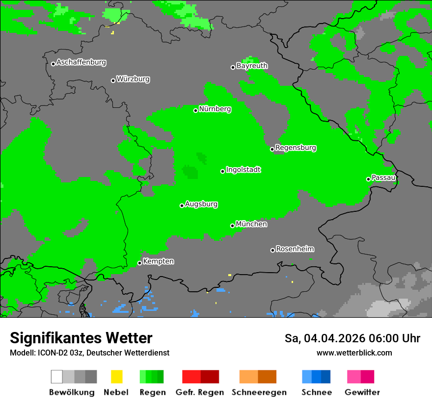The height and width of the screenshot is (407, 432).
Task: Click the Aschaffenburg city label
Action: point(81,63)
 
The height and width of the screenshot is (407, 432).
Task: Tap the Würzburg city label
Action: point(133,79)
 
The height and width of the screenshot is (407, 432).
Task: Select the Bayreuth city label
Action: point(252,66)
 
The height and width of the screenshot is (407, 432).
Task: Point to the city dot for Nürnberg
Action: point(195,110)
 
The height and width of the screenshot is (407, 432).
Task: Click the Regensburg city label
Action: point(296,148)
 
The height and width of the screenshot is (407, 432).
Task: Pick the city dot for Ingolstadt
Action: point(222,171)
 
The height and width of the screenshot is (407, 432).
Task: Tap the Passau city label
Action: point(383,178)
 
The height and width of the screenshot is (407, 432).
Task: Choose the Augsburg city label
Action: point(201,204)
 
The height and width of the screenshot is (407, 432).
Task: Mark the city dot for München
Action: point(232,226)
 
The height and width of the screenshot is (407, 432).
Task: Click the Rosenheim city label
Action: point(295,249)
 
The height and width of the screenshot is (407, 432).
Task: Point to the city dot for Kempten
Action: point(139,263)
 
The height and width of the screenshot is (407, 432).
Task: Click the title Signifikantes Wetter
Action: point(81,338)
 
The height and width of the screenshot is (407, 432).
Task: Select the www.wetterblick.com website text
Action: point(354,353)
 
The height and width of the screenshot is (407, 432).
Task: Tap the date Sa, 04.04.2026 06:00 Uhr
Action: point(352,338)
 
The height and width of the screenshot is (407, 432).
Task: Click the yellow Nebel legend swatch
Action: point(116,377)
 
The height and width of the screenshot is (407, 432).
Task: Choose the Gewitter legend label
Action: point(362,392)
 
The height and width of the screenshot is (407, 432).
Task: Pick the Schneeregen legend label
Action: point(259,392)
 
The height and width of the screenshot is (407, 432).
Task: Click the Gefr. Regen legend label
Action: point(199,392)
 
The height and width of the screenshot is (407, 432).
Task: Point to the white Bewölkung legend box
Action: point(57,377)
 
